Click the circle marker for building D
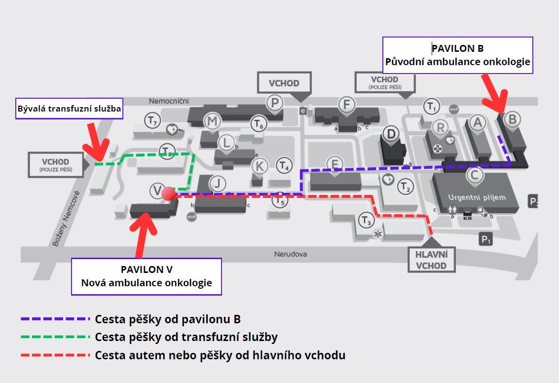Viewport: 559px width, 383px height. click(x=391, y=134)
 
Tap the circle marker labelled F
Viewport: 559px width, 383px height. click(x=346, y=105)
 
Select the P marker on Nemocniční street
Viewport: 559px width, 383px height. click(x=274, y=103)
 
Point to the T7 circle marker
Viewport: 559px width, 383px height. click(x=152, y=121)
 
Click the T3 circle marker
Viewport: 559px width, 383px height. click(x=367, y=221)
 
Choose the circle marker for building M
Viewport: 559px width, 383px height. click(x=212, y=121)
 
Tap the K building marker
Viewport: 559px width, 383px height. click(x=260, y=166)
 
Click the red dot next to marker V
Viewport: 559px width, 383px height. click(x=168, y=193)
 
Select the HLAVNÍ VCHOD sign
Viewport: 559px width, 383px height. click(x=431, y=260)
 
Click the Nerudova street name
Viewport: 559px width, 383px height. click(x=291, y=254)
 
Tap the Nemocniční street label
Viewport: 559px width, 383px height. click(x=169, y=101)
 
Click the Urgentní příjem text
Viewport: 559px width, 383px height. click(x=477, y=197)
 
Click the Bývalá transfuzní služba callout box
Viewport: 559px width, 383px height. click(x=69, y=109)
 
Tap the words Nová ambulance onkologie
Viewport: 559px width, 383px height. click(x=147, y=283)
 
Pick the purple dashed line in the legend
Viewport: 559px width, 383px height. click(x=55, y=319)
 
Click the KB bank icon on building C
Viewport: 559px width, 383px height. click(x=467, y=216)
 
